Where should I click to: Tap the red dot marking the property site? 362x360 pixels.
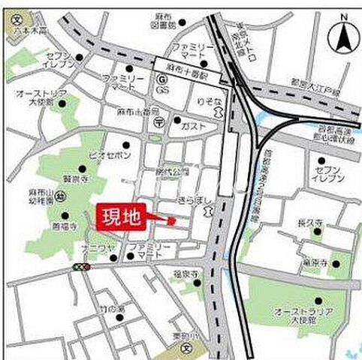pos(172,220)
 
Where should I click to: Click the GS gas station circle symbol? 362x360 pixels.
pos(160,78)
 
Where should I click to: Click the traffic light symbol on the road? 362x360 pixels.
pos(81,266)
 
